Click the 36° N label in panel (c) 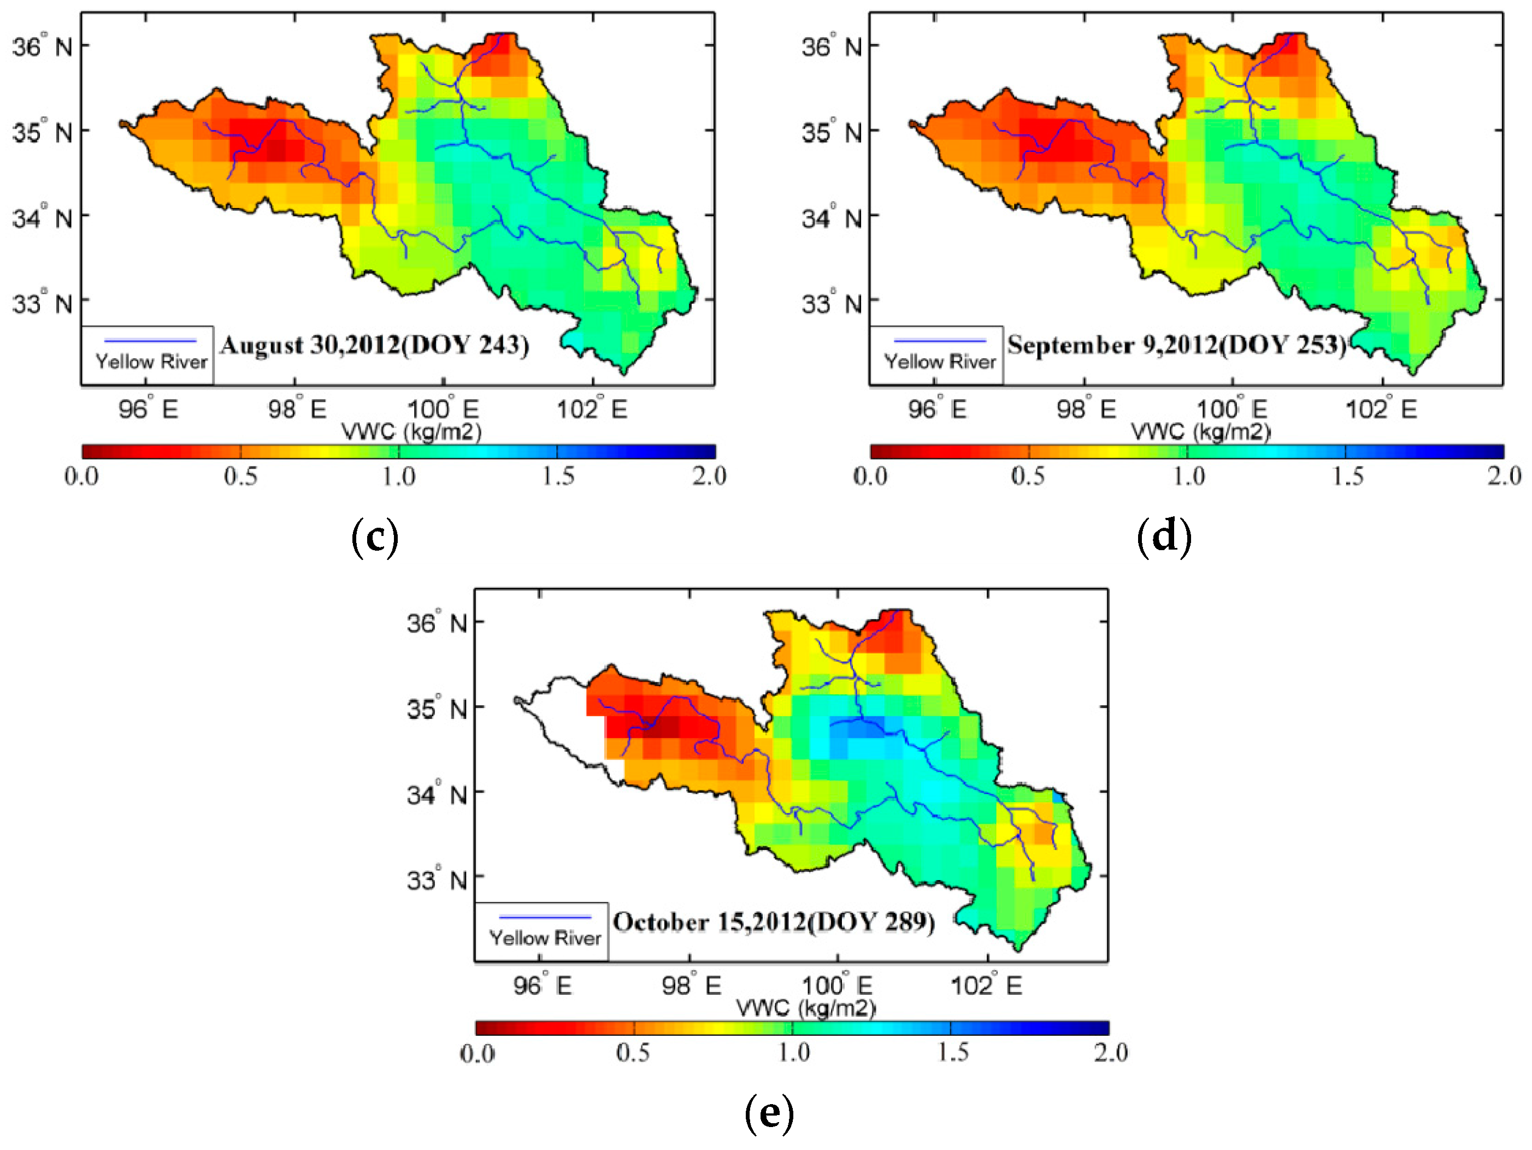42,46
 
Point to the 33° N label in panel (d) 831,303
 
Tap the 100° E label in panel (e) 836,985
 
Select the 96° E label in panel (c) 148,409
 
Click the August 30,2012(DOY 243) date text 374,345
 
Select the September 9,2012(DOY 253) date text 1176,345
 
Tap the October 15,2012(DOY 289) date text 774,922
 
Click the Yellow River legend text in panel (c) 151,362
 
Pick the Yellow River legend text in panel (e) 545,937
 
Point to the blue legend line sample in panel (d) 940,341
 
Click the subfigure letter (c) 375,537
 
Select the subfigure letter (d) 1164,537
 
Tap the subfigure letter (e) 769,1113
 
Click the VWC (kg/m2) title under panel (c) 411,432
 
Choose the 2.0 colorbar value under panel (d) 1504,476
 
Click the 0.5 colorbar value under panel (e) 633,1052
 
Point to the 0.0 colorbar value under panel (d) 870,476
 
